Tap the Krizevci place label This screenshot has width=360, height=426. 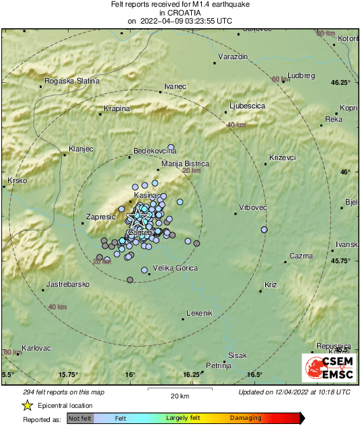click(283, 157)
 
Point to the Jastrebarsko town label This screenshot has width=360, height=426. click(69, 285)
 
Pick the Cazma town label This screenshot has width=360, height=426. click(301, 256)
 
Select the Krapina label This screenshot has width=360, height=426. click(116, 108)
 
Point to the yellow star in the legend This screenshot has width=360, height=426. click(27, 406)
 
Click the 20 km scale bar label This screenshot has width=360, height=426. click(179, 395)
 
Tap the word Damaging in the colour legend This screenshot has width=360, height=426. click(246, 418)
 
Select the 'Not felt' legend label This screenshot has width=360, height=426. click(80, 418)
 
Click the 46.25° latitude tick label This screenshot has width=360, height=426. click(341, 83)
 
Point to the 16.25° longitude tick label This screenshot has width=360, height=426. click(192, 375)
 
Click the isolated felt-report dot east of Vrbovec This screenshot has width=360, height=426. click(264, 230)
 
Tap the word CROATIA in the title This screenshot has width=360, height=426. click(180, 12)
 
